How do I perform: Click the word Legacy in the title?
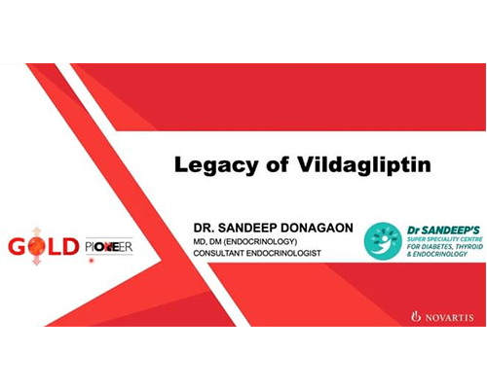[x=216, y=165]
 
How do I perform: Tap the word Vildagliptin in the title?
[x=364, y=164]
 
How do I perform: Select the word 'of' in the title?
[x=278, y=164]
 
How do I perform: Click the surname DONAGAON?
[x=317, y=228]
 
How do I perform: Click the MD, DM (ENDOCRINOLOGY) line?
[x=245, y=241]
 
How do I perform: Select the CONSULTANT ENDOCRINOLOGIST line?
[x=257, y=253]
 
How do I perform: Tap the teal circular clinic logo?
[x=383, y=241]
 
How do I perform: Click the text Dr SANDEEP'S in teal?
[x=443, y=230]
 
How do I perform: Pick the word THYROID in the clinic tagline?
[x=469, y=246]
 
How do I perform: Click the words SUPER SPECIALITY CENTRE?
[x=445, y=239]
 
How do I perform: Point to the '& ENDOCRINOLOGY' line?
[x=437, y=254]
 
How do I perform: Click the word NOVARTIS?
[x=449, y=317]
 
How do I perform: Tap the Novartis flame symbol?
[x=416, y=316]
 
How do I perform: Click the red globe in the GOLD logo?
[x=36, y=246]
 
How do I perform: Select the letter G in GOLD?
[x=17, y=246]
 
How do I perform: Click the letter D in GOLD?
[x=70, y=246]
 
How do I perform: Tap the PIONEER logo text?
[x=109, y=247]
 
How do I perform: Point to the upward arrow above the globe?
[x=36, y=232]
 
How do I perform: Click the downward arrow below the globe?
[x=36, y=261]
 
